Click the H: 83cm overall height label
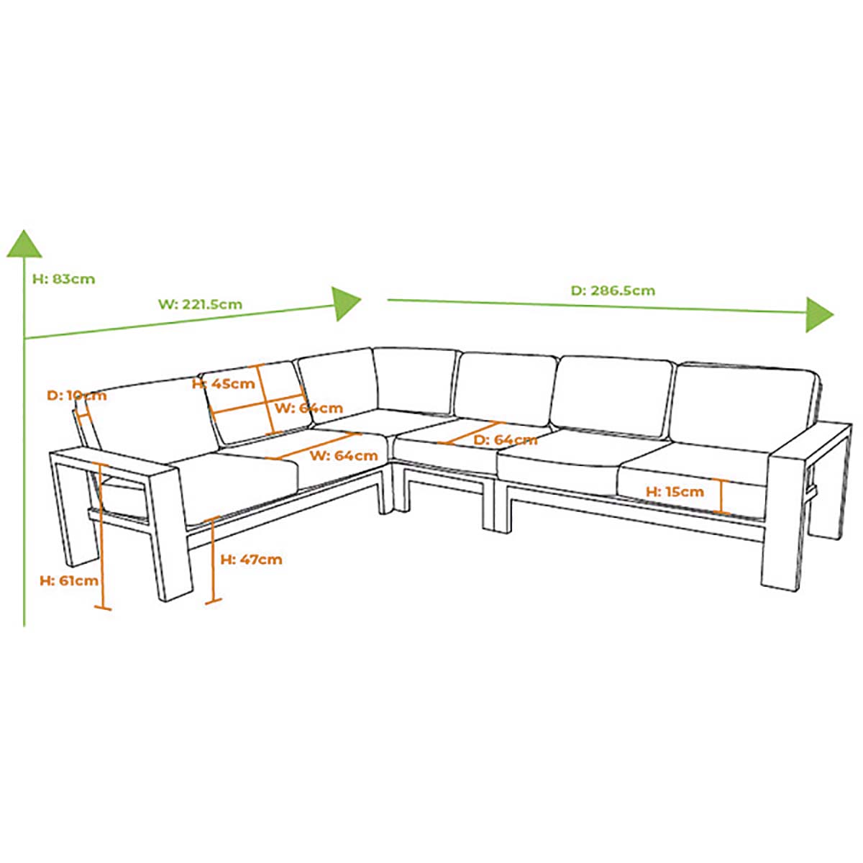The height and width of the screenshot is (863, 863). tap(63, 279)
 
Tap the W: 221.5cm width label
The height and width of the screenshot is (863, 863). tap(200, 304)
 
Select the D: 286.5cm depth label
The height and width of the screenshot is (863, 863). tap(613, 291)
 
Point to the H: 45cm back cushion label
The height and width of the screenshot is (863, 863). tap(224, 384)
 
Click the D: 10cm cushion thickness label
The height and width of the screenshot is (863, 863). tap(76, 396)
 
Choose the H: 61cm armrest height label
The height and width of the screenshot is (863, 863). tap(69, 581)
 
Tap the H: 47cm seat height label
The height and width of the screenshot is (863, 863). tap(251, 560)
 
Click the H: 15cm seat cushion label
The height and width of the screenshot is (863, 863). tap(675, 492)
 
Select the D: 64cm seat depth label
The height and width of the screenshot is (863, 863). tap(506, 440)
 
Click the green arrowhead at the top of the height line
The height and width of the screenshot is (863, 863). tap(24, 244)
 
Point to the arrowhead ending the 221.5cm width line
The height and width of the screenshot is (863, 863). tap(346, 303)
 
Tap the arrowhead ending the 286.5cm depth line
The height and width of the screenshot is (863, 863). tap(819, 314)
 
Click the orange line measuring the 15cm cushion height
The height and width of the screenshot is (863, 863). tap(721, 496)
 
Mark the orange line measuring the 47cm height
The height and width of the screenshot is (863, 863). tap(212, 560)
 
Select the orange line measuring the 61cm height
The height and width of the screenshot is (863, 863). tap(103, 536)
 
